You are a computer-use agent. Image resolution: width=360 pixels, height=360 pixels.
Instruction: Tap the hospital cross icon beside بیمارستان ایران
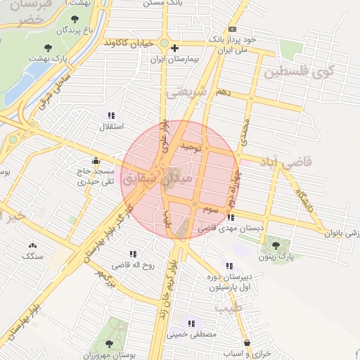[175, 49]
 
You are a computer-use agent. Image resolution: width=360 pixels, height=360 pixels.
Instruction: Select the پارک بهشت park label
[50, 60]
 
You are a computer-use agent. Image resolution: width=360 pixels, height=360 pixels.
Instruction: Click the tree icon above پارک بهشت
[48, 48]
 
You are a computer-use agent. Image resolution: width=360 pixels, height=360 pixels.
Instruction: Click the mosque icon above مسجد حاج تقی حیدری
[96, 160]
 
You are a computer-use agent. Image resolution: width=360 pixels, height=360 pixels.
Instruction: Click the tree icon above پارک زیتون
[275, 245]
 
